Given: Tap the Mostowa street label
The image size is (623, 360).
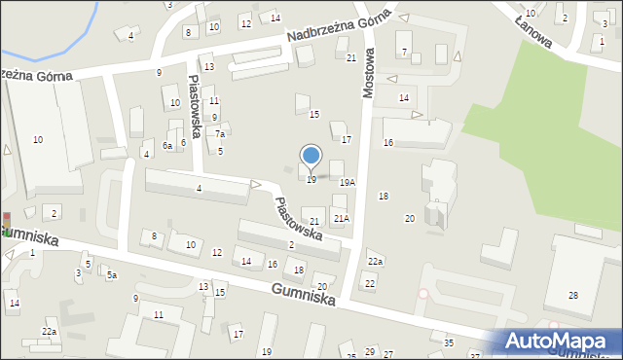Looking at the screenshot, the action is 368,70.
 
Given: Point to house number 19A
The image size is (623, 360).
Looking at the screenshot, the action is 347,182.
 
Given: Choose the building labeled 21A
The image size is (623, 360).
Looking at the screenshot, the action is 341,219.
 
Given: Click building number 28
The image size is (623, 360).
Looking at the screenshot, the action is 572,295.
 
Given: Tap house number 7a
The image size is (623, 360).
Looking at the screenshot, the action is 220,134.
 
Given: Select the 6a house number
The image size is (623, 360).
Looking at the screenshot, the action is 168,145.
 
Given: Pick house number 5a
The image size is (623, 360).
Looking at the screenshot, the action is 112,275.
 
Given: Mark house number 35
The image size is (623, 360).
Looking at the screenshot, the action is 449,343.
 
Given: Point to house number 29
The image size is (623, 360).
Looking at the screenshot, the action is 369,351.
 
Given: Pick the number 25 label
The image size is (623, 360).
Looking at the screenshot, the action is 350,356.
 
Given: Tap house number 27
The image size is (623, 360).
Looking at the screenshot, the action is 388,355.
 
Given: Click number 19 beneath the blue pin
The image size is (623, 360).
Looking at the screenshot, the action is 311,180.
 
